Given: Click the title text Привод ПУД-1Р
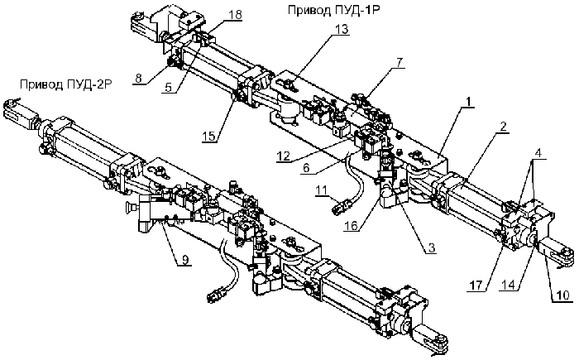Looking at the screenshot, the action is coord(333,10).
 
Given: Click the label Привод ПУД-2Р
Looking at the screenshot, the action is coord(65,84).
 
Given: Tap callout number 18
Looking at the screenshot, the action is coord(235,15).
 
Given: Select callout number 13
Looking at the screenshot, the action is coord(342,29).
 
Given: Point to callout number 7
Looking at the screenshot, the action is coord(399,62).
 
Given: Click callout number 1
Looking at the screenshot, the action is coord(468,101).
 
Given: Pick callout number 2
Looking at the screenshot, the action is coord(503,127).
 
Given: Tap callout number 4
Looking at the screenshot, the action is coord(538,153).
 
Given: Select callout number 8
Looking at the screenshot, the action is coord(138,78).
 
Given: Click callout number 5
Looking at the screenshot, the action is coord(169,88).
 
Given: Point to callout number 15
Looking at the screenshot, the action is coord(209,136).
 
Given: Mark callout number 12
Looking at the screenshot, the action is coord(284,156).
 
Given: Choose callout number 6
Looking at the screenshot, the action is coord(306,168).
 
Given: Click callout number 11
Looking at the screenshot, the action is coord(321,190).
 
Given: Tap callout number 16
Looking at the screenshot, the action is coord(351,225).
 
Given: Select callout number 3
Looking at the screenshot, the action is coord(431,248).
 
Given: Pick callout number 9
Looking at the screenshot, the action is coord(185,260).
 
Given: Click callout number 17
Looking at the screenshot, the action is coord(476,286).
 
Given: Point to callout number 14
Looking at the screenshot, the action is coord(508,285).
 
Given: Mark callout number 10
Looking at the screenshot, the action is coord(563,295).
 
